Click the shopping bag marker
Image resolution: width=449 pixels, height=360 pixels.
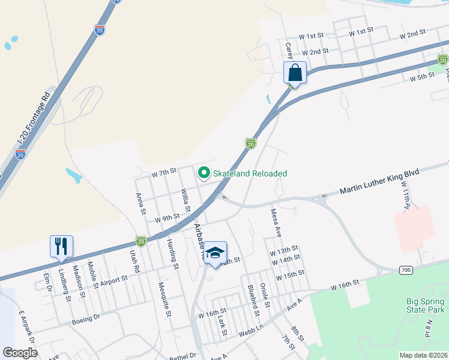coord(295,73)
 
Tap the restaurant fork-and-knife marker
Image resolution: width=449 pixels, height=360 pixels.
coord(61,246)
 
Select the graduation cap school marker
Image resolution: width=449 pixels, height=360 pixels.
coord(214,252)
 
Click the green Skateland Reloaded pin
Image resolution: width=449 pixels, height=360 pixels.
coord(203,173)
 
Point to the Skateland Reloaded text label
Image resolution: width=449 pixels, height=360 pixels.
coord(250,173)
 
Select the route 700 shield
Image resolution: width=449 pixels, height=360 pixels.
coord(406,271)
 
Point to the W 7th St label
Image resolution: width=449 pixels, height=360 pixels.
coord(164,172)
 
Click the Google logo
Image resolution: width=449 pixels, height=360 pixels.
coord(20,353)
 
